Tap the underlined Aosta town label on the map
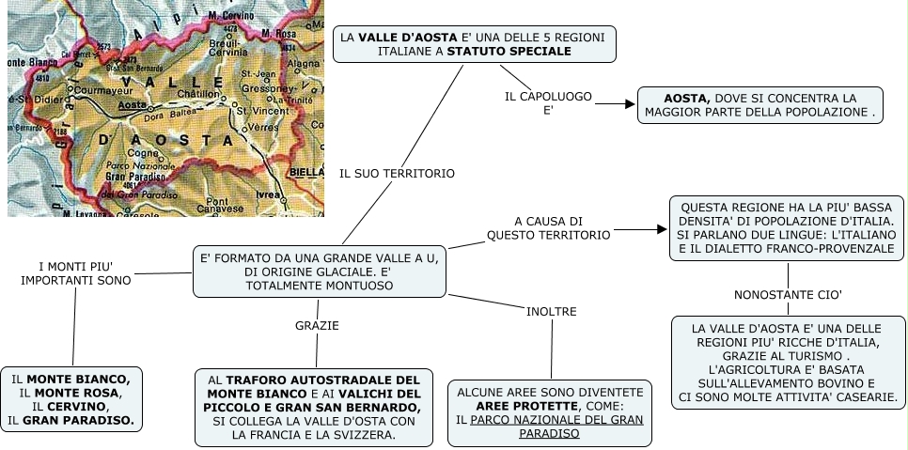click(134, 105)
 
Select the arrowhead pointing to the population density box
click(660, 228)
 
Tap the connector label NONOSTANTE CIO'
click(788, 295)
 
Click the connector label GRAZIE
click(317, 325)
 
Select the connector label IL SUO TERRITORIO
click(397, 173)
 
